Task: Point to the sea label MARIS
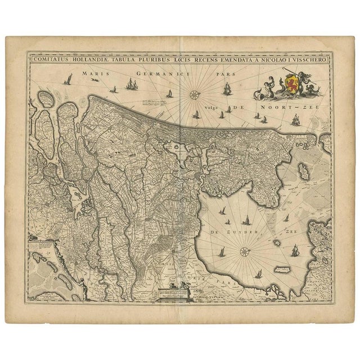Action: [94, 73]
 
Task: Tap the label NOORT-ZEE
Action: [296, 106]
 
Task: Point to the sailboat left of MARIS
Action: [69, 79]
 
